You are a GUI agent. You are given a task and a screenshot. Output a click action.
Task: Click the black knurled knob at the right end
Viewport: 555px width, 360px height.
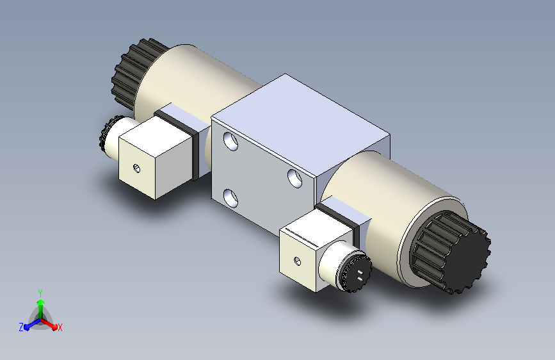[453, 252]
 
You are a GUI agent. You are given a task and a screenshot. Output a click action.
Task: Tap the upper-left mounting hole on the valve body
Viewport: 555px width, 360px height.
[231, 141]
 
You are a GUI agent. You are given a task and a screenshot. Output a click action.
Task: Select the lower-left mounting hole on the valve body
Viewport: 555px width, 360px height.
[231, 199]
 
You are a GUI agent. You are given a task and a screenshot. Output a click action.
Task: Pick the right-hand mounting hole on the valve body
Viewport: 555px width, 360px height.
[294, 178]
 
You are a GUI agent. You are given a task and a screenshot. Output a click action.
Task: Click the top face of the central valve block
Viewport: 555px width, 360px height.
[301, 125]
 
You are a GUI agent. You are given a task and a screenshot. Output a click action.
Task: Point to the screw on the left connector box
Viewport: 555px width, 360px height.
[136, 168]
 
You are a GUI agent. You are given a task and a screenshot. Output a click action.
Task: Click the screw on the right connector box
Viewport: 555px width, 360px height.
[298, 261]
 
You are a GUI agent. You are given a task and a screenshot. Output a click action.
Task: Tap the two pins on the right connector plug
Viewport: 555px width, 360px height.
[360, 275]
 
